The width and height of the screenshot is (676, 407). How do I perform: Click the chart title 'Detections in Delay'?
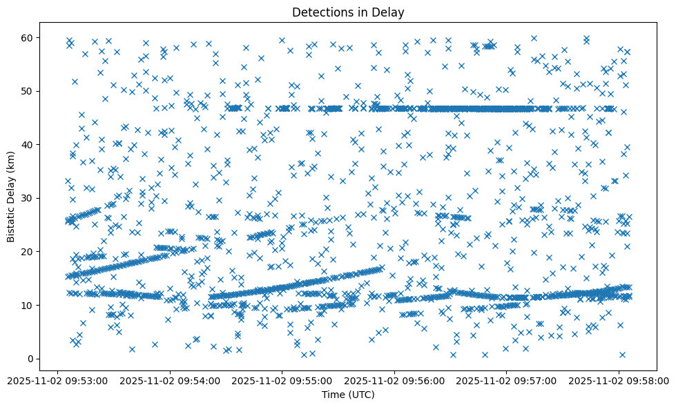pyautogui.click(x=347, y=12)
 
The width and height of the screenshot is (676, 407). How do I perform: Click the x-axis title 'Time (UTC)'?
pyautogui.click(x=347, y=395)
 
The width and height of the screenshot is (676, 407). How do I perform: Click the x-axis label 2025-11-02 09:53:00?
pyautogui.click(x=57, y=379)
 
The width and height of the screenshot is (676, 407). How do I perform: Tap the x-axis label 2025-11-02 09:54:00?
pyautogui.click(x=170, y=379)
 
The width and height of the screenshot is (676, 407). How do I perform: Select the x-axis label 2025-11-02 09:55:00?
pyautogui.click(x=282, y=379)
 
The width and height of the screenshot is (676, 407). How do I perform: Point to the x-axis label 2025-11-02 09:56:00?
pyautogui.click(x=395, y=379)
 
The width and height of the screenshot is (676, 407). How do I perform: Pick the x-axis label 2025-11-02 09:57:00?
pyautogui.click(x=508, y=379)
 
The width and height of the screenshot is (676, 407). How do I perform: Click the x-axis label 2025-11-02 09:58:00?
pyautogui.click(x=619, y=379)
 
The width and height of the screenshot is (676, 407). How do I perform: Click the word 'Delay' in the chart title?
pyautogui.click(x=390, y=12)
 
